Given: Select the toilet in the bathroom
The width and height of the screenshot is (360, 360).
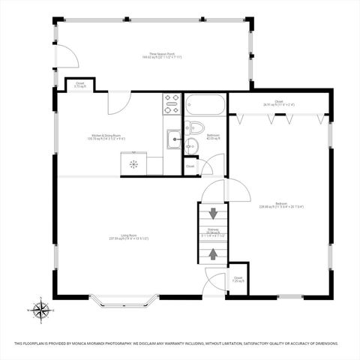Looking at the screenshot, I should point(195,127).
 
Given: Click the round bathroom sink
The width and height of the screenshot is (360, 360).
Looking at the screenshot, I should point(192,145).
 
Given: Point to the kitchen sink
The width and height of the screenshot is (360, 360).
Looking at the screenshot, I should point(173,137).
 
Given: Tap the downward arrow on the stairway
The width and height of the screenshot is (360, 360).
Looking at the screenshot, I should point(213,213).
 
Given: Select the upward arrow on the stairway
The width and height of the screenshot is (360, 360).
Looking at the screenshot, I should point(213,253).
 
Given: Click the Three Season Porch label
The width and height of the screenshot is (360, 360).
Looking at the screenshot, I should point(161,55).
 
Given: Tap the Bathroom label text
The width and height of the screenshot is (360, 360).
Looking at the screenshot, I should point(213,136).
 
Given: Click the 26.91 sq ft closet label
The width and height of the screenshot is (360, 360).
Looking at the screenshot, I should point(278,103).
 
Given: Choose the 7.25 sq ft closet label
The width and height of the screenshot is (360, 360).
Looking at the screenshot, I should point(238,279).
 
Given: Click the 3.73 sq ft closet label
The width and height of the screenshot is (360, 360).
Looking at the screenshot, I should point(79,85).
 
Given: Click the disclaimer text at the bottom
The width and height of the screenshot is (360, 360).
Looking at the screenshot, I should point(180,344).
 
